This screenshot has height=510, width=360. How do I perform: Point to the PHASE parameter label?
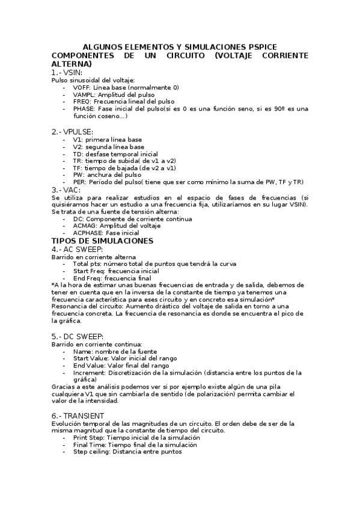coord(84,109)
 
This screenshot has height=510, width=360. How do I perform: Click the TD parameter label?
coord(77,154)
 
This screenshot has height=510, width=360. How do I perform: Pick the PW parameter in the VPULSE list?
coord(78,175)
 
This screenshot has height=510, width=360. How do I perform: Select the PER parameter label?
coord(79,182)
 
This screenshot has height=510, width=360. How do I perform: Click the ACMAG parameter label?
coord(85,226)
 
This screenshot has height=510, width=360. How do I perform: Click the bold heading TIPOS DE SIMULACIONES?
coord(103,241)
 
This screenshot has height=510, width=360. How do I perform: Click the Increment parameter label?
coord(90,372)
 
